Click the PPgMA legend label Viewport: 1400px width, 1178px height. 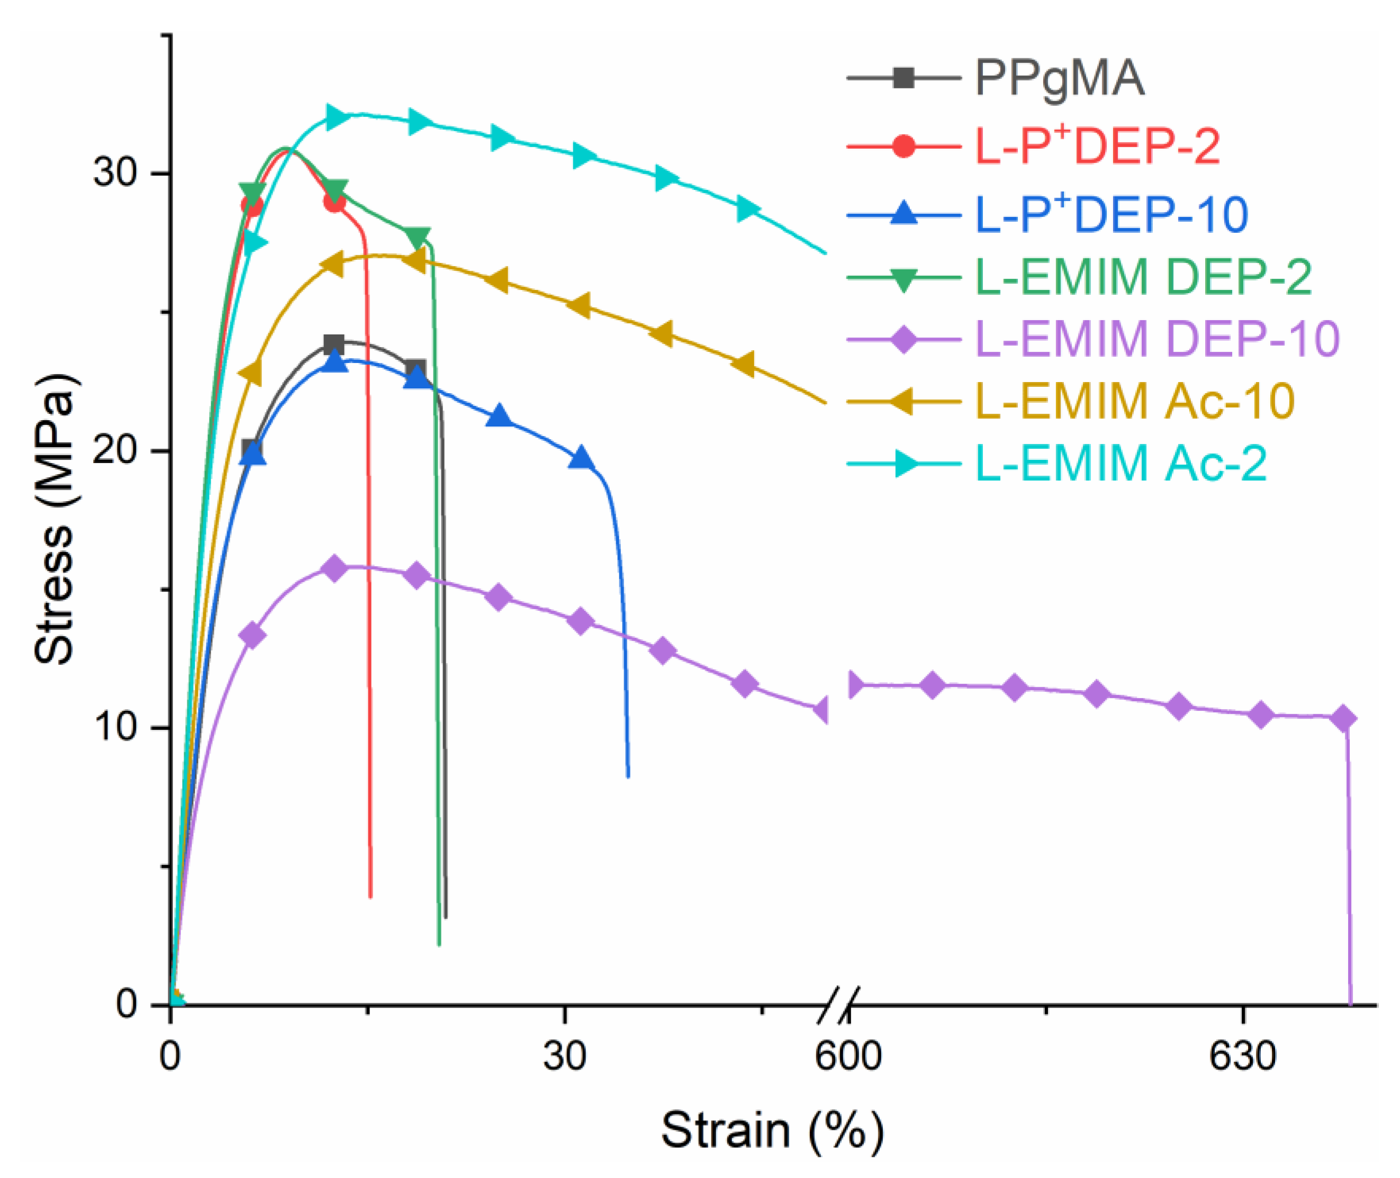coord(1059,79)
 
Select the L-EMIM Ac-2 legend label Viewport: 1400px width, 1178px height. coord(1121,463)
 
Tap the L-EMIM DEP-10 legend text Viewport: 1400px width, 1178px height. coord(1157,339)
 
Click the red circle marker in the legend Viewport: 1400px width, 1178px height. coord(904,146)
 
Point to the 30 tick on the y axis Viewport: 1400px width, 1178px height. coord(115,173)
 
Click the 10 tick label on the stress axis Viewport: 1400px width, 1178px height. coord(115,727)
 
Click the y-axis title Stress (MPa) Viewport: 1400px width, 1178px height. coord(55,520)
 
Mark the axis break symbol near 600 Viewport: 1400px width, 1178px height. coord(837,1005)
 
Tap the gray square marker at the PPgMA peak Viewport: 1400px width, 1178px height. coord(333,345)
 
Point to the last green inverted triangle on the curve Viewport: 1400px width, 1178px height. coord(418,237)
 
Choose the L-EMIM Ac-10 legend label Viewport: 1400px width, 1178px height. coord(1135,401)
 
